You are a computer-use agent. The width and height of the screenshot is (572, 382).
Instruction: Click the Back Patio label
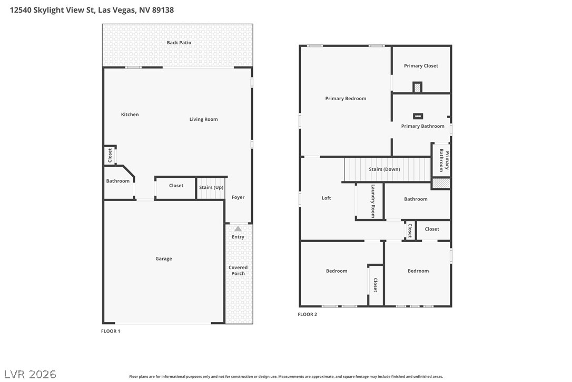[179, 42]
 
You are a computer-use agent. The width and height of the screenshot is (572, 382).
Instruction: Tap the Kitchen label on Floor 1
[130, 114]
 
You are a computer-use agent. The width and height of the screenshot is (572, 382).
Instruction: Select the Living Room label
[203, 119]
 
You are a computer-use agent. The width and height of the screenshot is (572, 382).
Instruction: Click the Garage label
[163, 259]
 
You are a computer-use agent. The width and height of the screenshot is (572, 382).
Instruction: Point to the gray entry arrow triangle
[238, 229]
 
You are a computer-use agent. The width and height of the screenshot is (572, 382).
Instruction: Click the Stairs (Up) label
[211, 187]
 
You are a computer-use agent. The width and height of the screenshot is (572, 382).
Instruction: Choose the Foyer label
[238, 197]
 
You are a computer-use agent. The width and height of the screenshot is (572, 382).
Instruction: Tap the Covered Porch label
[238, 271]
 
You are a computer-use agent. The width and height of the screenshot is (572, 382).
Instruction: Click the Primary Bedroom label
[346, 98]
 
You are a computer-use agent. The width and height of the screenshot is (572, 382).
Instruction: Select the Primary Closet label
[421, 66]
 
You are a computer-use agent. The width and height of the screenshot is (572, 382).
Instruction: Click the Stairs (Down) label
[384, 169]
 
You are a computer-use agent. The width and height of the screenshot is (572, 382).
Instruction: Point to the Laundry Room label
[373, 201]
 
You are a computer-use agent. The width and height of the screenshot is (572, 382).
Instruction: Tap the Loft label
[327, 198]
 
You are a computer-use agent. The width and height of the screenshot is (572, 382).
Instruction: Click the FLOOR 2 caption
[308, 314]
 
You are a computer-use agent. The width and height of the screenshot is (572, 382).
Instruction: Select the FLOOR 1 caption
[111, 331]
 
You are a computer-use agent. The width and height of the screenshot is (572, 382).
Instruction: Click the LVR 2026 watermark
[30, 374]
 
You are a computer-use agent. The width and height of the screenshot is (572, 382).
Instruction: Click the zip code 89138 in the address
[163, 10]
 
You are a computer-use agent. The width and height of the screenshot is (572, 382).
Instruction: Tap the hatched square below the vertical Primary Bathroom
[441, 183]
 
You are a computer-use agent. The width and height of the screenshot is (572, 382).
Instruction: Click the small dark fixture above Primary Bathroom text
[418, 116]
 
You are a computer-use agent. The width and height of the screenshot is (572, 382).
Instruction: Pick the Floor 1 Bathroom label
[118, 181]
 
